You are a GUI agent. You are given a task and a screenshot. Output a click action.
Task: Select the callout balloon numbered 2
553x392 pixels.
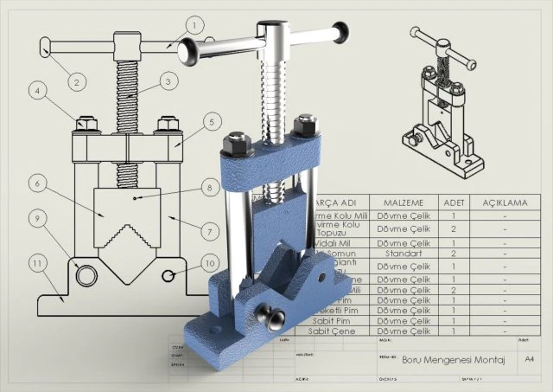click(76, 82)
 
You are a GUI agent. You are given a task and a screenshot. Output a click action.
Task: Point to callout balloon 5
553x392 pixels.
click(210, 123)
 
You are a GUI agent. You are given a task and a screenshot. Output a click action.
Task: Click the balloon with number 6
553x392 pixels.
click(37, 183)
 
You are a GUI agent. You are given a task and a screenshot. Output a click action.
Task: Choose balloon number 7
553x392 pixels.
click(210, 231)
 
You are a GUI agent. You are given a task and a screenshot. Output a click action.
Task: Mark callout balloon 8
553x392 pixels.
click(210, 186)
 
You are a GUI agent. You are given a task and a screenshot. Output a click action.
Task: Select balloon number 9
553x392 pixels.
click(37, 219)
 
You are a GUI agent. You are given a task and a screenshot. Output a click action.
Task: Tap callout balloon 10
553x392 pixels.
click(210, 262)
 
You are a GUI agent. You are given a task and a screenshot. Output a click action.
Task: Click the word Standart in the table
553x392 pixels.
click(403, 254)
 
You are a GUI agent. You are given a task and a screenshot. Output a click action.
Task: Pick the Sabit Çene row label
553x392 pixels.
click(332, 331)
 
